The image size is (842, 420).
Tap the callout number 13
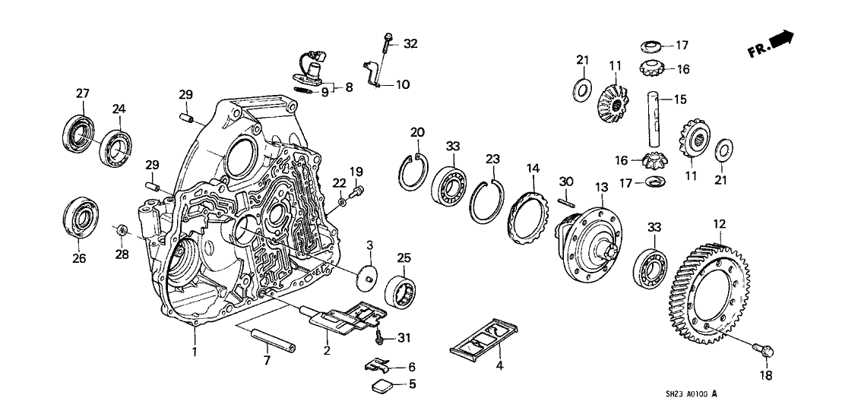click(601, 187)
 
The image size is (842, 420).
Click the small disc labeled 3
click(367, 275)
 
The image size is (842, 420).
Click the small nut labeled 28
click(120, 229)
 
